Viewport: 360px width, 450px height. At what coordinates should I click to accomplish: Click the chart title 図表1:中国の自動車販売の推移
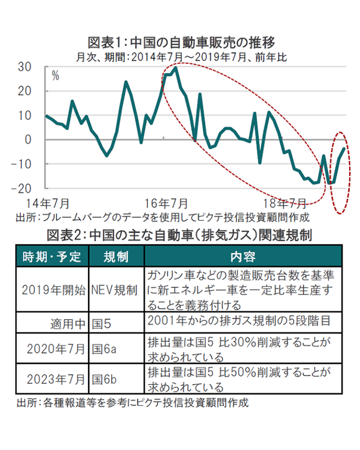(181, 43)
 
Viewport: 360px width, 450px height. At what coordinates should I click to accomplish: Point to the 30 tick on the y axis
(25, 67)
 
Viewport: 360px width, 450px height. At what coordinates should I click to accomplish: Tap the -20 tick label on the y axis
(21, 189)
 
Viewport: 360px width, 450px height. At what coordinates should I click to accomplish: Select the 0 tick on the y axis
(28, 140)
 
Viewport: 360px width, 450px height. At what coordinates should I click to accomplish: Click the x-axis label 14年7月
(48, 203)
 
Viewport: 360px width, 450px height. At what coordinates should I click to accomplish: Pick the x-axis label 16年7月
(166, 203)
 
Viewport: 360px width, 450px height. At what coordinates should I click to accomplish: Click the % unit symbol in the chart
(55, 76)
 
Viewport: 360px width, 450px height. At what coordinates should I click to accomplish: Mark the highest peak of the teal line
(175, 68)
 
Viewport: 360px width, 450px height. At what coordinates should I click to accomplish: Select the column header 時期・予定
(52, 256)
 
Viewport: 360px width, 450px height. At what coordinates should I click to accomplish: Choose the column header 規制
(116, 256)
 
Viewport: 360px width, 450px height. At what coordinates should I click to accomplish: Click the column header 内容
(243, 256)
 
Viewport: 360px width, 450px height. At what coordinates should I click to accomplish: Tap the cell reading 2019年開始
(54, 290)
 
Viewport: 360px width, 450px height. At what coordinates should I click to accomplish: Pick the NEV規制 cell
(114, 290)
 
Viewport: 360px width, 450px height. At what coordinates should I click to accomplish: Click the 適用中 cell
(68, 324)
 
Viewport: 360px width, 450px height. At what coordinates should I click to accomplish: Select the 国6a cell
(104, 349)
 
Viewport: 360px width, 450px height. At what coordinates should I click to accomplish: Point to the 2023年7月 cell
(56, 379)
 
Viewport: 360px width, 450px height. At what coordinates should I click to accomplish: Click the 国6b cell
(104, 379)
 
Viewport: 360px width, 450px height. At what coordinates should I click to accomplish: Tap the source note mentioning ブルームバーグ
(163, 218)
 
